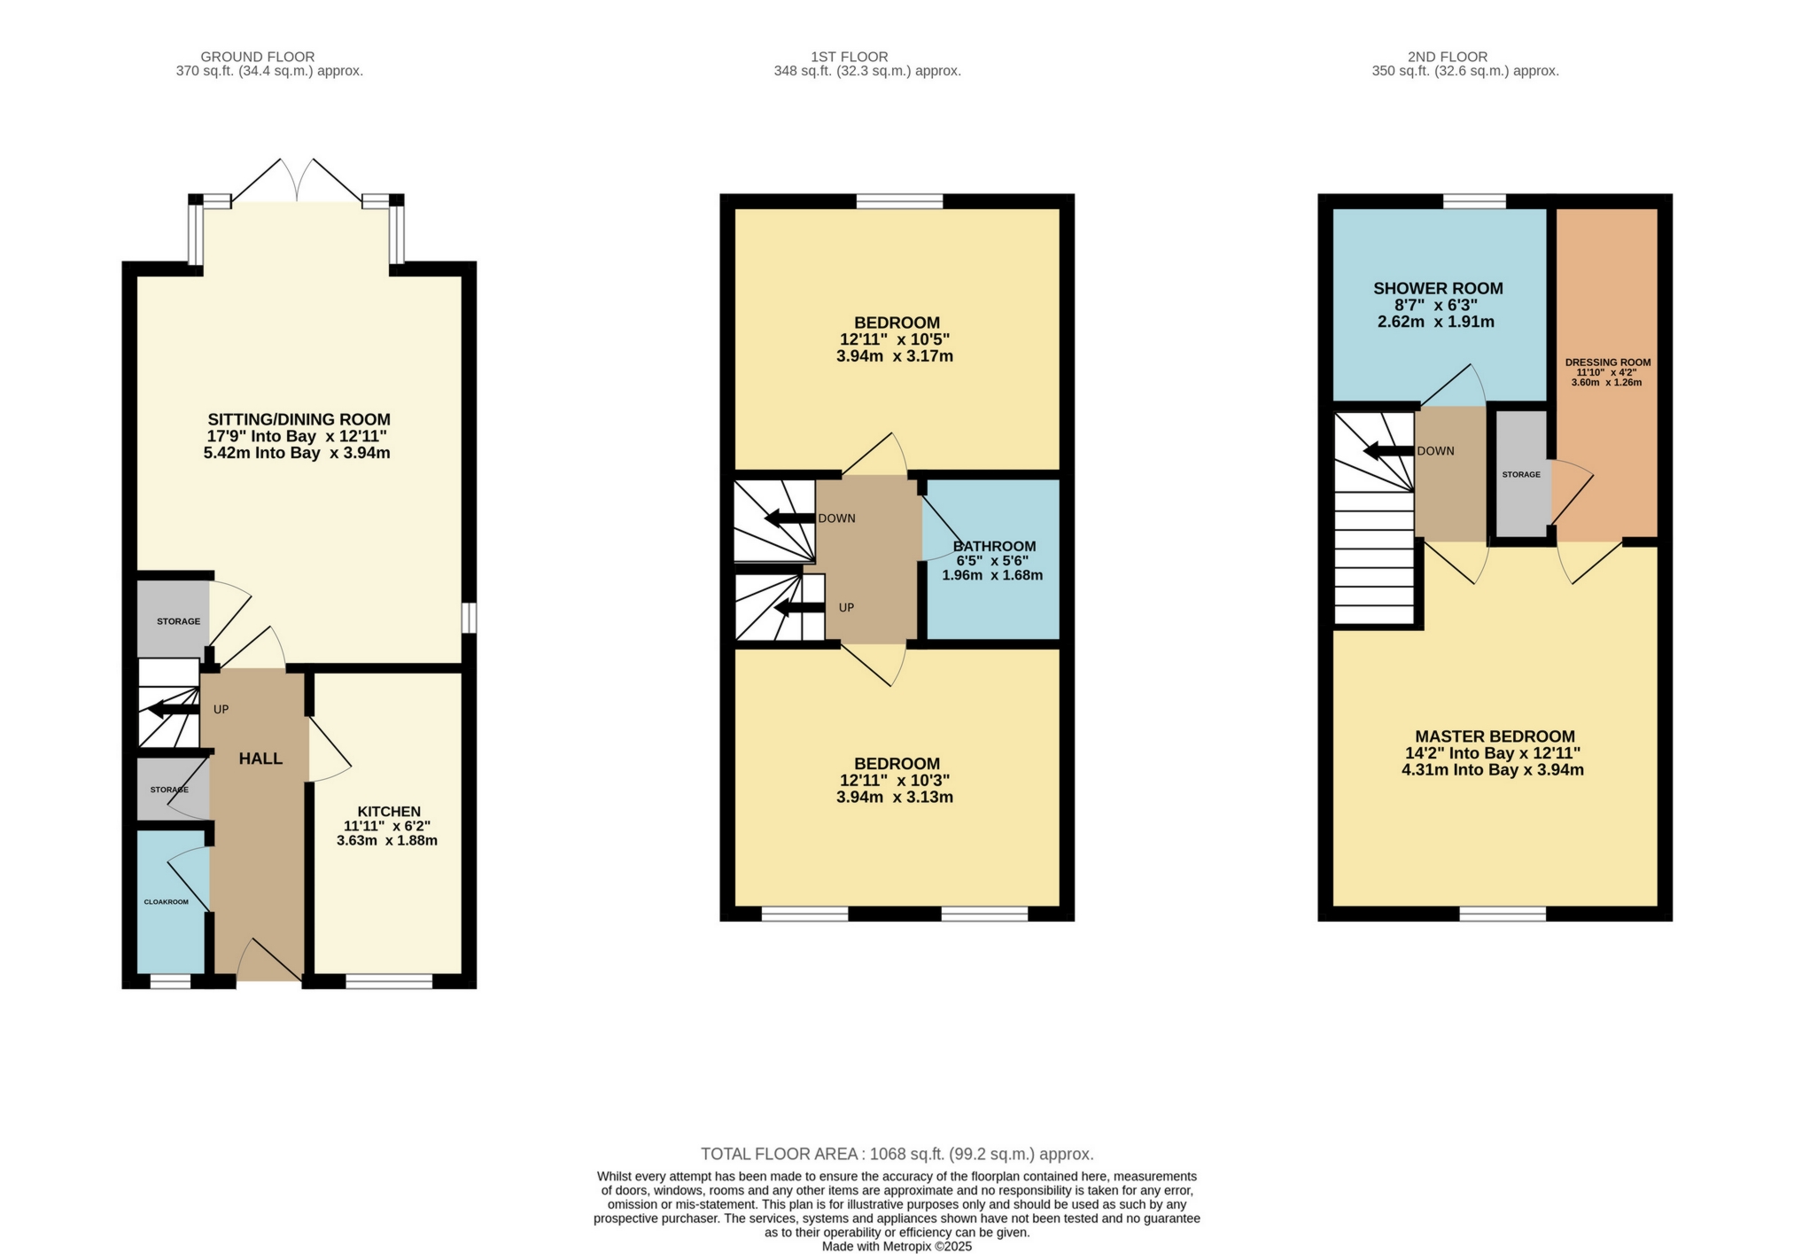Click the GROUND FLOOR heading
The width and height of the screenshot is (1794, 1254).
[257, 57]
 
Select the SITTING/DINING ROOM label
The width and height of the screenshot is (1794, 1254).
[299, 419]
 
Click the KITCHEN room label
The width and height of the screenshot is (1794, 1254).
[389, 811]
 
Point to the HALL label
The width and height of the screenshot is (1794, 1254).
[260, 759]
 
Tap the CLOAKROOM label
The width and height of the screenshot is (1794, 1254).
[167, 902]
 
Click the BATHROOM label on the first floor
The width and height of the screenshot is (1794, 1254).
[994, 547]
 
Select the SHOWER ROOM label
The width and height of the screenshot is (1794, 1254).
[1437, 288]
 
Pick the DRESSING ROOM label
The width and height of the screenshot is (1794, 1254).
[1607, 362]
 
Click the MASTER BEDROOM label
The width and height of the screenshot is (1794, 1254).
[1494, 736]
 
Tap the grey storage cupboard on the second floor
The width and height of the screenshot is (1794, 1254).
[1521, 474]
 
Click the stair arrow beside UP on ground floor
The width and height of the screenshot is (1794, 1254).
[174, 709]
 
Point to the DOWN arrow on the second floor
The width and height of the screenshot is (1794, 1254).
[1387, 451]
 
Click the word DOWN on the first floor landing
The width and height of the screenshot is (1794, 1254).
[836, 518]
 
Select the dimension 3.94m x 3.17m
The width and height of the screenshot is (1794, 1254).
[894, 356]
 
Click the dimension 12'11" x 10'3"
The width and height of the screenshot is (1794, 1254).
[894, 781]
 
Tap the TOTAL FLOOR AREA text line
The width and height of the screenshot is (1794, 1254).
[897, 1154]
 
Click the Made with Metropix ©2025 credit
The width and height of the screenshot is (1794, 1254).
[897, 1246]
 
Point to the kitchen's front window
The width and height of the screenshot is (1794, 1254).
[388, 981]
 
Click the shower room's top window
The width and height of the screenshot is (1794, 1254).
[1473, 201]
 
